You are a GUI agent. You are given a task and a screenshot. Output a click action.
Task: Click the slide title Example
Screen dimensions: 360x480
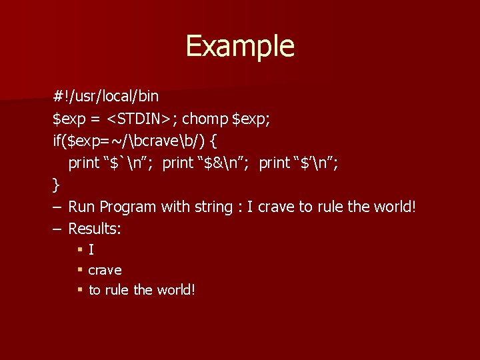[x=240, y=46]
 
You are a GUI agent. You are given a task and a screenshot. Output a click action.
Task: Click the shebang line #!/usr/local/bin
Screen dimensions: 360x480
[x=106, y=97]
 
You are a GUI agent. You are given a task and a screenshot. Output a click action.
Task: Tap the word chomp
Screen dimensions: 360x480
[x=205, y=119]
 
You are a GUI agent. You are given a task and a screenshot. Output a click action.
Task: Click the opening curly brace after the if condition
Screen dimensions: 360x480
[x=213, y=141]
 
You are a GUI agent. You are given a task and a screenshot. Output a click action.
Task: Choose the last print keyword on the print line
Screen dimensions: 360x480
[x=274, y=163]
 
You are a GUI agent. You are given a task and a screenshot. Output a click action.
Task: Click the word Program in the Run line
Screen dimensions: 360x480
[x=129, y=207]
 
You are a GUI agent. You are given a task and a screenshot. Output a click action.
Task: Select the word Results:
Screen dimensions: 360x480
[x=95, y=229]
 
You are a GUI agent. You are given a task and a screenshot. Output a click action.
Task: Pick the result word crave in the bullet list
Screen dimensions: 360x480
[x=105, y=271]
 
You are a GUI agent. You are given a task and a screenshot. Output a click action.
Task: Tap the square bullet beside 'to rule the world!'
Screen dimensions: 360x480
[x=79, y=290]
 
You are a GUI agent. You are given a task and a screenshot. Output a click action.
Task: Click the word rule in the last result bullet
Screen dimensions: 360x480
[x=117, y=290]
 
